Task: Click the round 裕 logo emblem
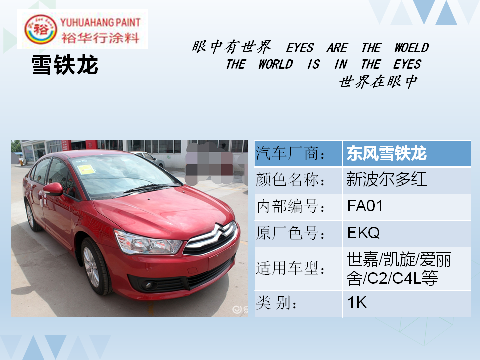(40, 29)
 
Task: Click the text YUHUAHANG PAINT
(100, 22)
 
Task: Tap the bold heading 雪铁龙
(65, 65)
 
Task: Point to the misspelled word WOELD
(411, 48)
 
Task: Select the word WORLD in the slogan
(276, 64)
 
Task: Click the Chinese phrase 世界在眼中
(378, 81)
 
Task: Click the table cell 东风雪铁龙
(387, 153)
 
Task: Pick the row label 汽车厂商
(290, 153)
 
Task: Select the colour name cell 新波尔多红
(387, 179)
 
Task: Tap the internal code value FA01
(365, 206)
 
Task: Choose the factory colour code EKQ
(363, 233)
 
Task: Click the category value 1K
(357, 303)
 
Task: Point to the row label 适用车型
(290, 268)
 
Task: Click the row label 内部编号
(290, 206)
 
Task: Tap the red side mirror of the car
(53, 189)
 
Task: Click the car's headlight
(148, 243)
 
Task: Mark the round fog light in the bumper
(149, 286)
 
